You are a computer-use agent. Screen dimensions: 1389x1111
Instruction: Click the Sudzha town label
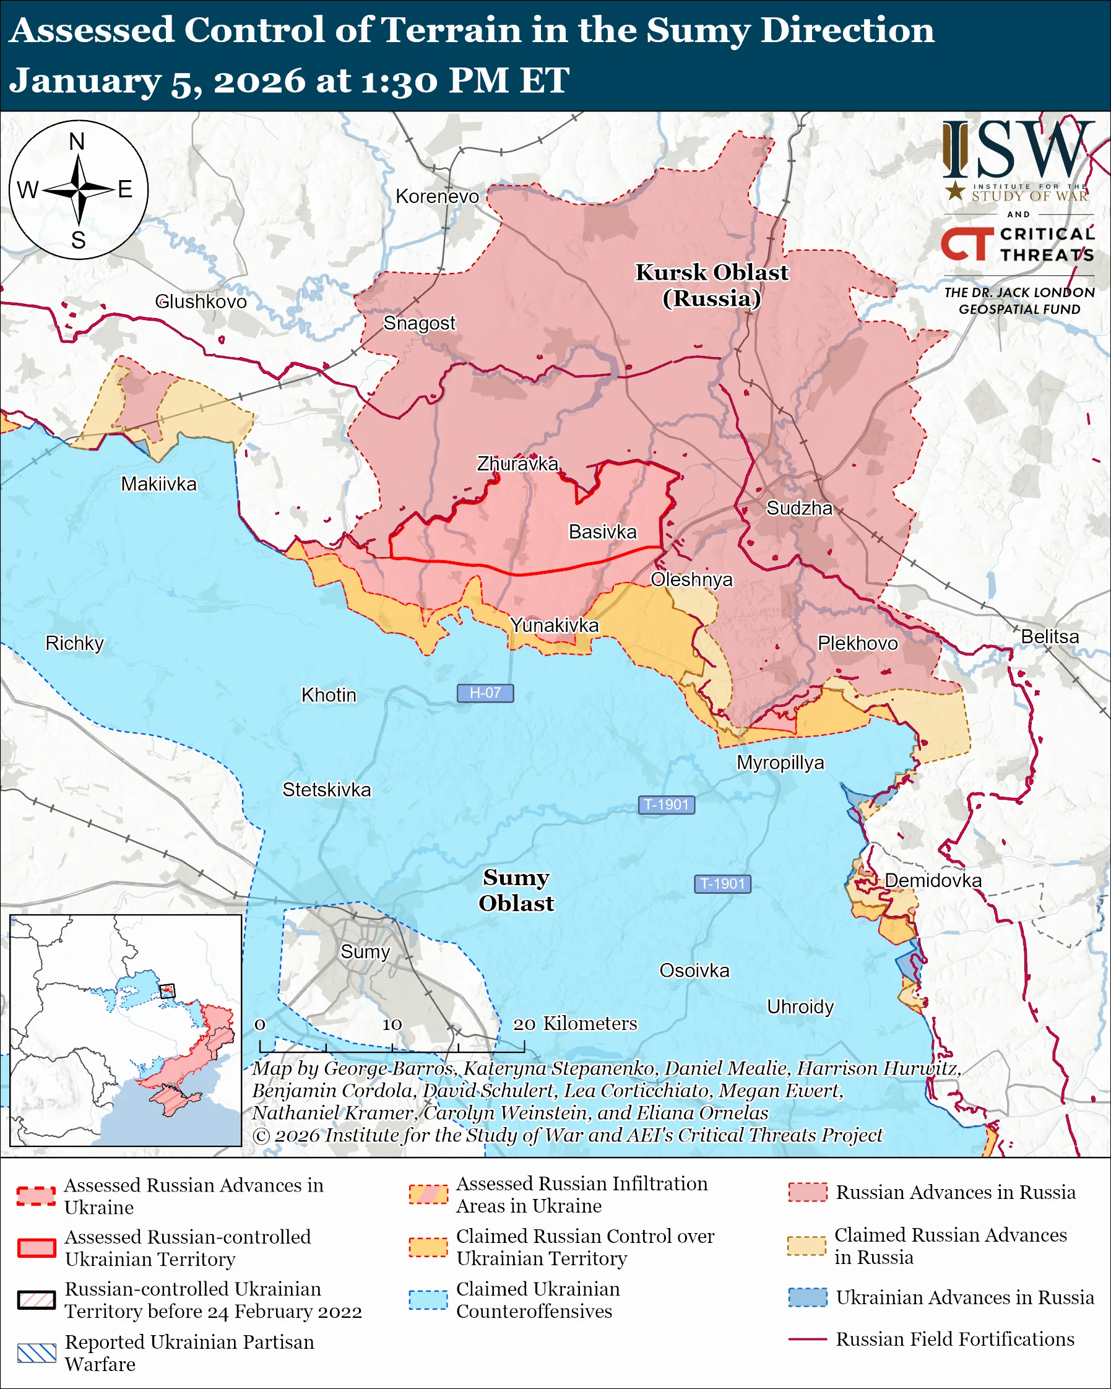pyautogui.click(x=798, y=508)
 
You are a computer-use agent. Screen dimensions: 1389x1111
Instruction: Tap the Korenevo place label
pyautogui.click(x=438, y=196)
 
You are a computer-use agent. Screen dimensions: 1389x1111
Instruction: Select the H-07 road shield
pyautogui.click(x=485, y=693)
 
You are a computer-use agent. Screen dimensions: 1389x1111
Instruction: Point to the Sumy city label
pyautogui.click(x=365, y=951)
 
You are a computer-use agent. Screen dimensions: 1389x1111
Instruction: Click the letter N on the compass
pyautogui.click(x=77, y=142)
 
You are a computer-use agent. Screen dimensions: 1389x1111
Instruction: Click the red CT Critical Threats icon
pyautogui.click(x=967, y=244)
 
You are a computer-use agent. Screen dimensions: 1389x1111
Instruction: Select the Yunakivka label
pyautogui.click(x=554, y=625)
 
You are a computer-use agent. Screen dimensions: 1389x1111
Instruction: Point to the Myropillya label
pyautogui.click(x=780, y=763)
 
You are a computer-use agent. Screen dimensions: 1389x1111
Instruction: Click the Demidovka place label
pyautogui.click(x=933, y=881)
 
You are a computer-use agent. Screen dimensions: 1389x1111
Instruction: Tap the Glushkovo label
pyautogui.click(x=201, y=301)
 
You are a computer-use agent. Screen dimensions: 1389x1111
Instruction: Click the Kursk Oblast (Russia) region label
pyautogui.click(x=712, y=285)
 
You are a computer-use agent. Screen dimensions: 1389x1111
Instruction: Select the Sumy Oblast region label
pyautogui.click(x=516, y=890)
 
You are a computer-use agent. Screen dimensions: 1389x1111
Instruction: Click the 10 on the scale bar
pyautogui.click(x=392, y=1024)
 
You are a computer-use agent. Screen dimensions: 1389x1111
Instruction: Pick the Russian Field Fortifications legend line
pyautogui.click(x=807, y=1339)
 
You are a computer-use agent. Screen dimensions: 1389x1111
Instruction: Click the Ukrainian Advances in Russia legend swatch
pyautogui.click(x=807, y=1297)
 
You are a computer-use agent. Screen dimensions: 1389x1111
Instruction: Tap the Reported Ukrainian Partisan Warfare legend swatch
pyautogui.click(x=37, y=1353)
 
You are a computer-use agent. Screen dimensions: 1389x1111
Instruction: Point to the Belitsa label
pyautogui.click(x=1050, y=636)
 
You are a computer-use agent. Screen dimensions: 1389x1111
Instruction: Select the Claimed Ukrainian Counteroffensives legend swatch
pyautogui.click(x=428, y=1300)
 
